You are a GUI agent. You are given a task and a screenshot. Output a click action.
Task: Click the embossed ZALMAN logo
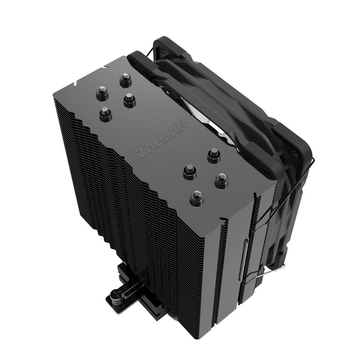pos(162,137)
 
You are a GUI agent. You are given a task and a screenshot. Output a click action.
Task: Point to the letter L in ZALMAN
pos(158,140)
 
